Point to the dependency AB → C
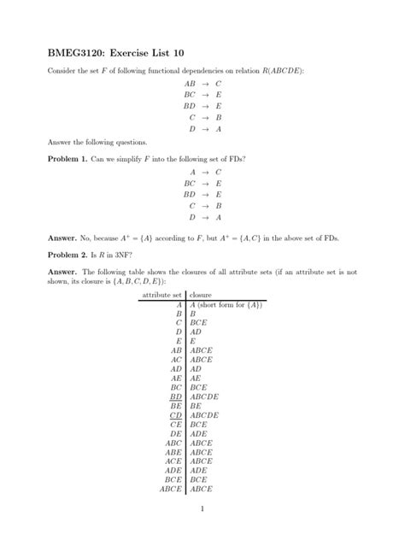202,84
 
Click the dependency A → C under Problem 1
202,172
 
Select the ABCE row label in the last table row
171,490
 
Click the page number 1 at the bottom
202,511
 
